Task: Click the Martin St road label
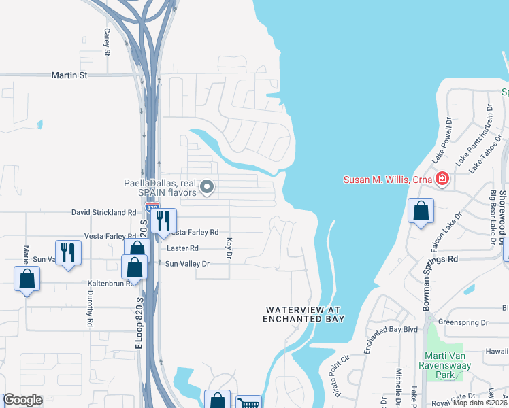69,75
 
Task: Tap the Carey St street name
107,41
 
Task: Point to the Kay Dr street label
229,247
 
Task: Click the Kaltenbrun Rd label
109,283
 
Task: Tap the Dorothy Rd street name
89,309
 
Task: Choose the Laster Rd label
184,248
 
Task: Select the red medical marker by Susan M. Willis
443,180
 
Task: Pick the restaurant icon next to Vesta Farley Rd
163,220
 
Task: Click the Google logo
23,399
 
